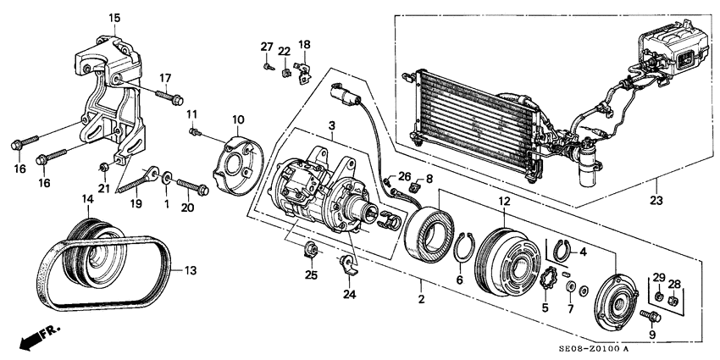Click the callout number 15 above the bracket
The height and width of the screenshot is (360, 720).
[x=114, y=17]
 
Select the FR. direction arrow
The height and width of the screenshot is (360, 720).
[x=31, y=338]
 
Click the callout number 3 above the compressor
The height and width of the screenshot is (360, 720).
[x=332, y=126]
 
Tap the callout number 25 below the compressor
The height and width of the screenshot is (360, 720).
[x=310, y=276]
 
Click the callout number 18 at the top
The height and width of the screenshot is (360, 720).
[x=304, y=44]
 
